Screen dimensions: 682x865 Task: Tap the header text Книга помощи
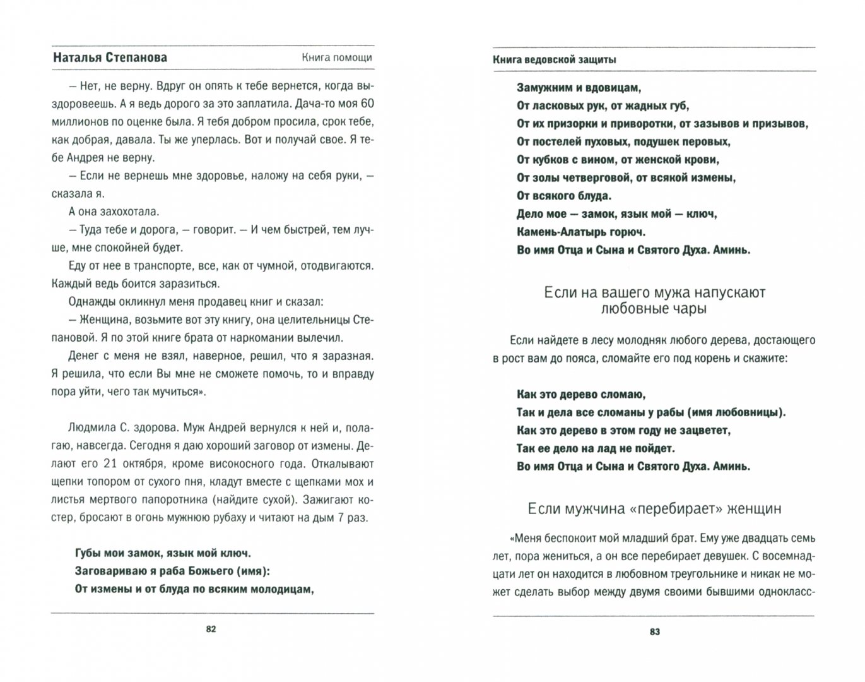tap(336, 57)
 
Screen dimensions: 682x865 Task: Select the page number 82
tap(211, 630)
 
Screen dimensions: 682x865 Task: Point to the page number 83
tap(654, 631)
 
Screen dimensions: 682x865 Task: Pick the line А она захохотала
tap(111, 211)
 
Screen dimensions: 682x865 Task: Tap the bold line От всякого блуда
tap(564, 196)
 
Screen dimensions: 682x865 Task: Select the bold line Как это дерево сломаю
tap(580, 395)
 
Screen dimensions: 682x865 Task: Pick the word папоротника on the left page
tap(178, 500)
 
